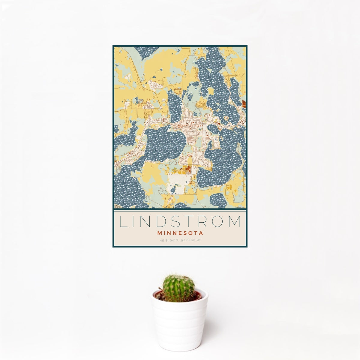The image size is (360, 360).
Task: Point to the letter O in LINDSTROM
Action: click(218, 222)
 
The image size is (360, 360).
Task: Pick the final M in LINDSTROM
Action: click(235, 222)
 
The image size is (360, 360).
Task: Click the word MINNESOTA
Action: click(180, 233)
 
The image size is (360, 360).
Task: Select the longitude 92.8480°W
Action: click(190, 240)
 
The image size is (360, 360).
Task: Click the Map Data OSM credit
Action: click(240, 207)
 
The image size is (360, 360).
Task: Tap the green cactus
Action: click(178, 288)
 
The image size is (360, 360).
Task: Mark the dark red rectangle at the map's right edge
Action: click(244, 104)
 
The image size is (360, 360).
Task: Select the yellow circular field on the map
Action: click(230, 188)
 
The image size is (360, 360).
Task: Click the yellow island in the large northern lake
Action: click(211, 91)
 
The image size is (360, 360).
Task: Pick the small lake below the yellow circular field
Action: click(218, 200)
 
